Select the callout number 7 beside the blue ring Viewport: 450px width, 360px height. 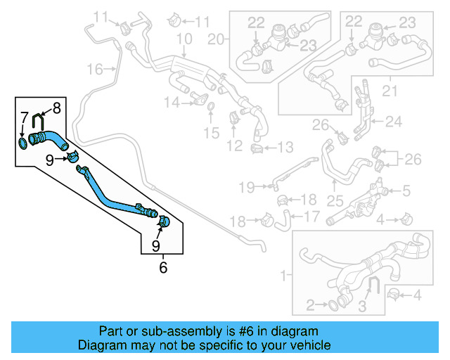point(23,117)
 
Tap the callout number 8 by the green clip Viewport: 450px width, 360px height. point(56,108)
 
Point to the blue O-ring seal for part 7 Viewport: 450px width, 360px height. point(24,144)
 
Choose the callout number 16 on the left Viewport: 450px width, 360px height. point(95,68)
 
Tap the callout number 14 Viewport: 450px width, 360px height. point(172,103)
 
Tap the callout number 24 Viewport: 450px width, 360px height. point(393,122)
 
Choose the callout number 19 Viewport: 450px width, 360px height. point(245,186)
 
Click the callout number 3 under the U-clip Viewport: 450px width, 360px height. point(363,307)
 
